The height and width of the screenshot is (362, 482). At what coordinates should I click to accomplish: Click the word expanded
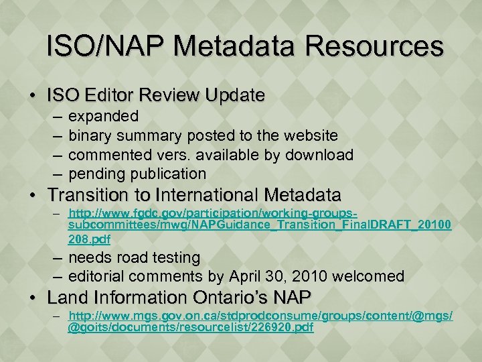point(104,116)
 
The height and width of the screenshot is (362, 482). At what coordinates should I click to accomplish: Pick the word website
point(311,135)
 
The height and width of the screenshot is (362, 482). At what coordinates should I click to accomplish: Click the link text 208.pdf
point(90,239)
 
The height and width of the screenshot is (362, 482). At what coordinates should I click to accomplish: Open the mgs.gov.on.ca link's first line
point(261,316)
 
